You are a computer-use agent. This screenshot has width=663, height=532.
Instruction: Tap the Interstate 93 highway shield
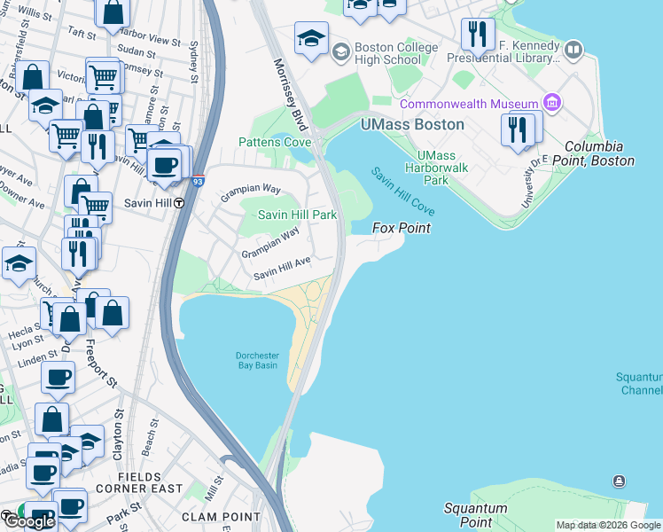pos(198,181)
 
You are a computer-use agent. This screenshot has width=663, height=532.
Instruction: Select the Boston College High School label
pos(395,53)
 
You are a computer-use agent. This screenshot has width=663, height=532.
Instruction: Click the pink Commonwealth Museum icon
pos(554,104)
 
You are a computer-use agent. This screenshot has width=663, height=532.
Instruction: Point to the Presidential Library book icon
pos(573,50)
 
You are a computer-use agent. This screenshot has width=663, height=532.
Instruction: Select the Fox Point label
pos(401,228)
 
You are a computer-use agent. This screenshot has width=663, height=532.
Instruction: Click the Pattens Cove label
pos(274,142)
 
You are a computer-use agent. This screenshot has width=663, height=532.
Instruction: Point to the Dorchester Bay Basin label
pos(256,361)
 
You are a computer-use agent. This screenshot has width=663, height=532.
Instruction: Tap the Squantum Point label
pos(475,515)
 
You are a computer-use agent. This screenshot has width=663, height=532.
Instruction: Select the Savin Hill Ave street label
pos(282,269)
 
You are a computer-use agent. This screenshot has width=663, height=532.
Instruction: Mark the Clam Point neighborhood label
pos(212,516)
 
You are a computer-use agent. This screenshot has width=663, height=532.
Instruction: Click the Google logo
pos(28,520)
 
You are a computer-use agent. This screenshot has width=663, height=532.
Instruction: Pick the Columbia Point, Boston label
pos(599,153)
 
